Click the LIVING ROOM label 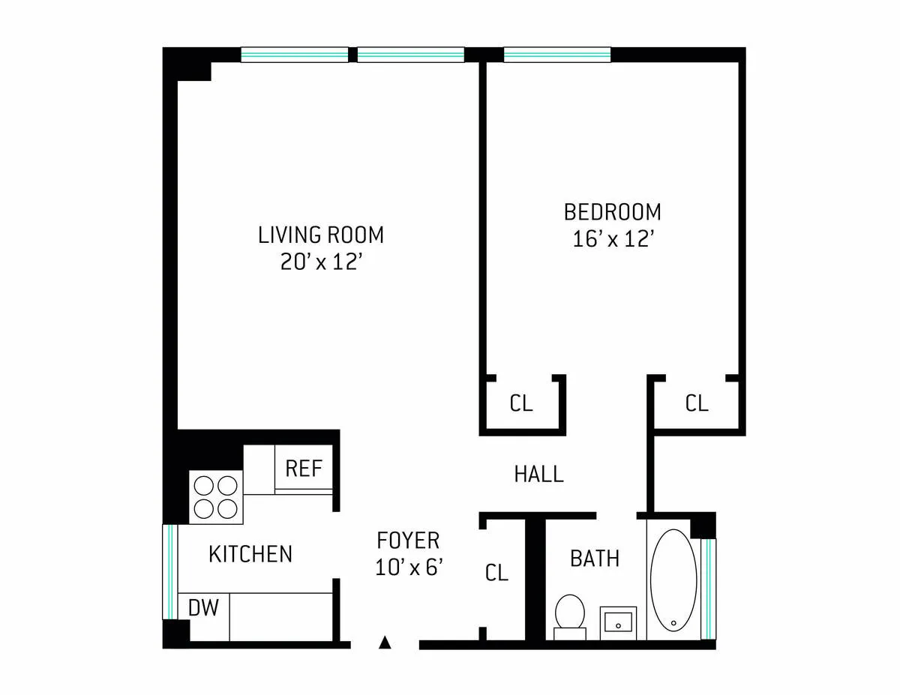point(320,235)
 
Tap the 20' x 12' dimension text point(320,262)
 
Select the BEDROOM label point(612,211)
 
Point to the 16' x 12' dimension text point(612,239)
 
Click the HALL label point(538,474)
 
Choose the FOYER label point(408,540)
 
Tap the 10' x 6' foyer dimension point(408,567)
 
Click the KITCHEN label point(250,554)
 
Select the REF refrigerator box point(304,469)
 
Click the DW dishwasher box point(203,608)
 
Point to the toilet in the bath point(569,615)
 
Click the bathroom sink point(618,622)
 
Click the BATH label point(595,559)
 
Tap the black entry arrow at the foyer point(385,642)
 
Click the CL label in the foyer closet point(496,573)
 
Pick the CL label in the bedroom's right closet point(696,403)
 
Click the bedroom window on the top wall point(556,54)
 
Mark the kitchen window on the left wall point(170,571)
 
